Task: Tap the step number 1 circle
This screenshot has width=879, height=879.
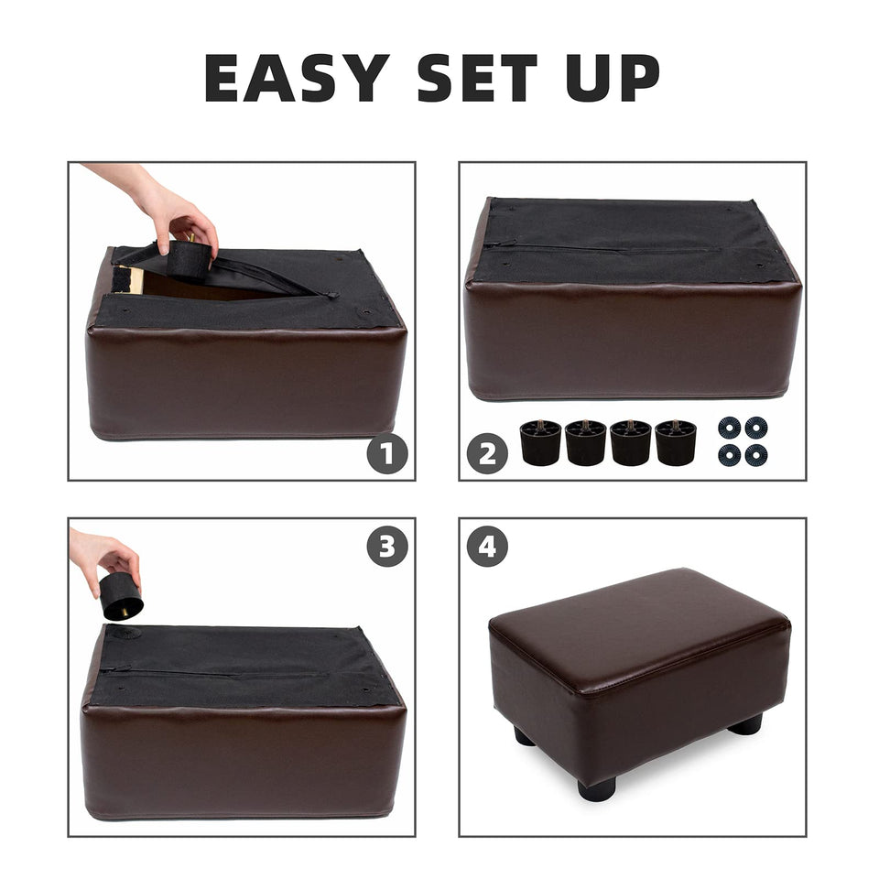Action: pos(387,453)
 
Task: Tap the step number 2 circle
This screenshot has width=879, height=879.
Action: pos(487,453)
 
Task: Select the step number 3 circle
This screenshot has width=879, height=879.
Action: pos(387,546)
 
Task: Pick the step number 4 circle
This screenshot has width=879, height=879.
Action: pos(487,546)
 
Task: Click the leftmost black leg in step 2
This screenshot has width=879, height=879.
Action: pos(541,442)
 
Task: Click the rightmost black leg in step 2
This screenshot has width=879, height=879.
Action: pos(676,442)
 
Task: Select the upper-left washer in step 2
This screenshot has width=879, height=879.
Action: pos(729,428)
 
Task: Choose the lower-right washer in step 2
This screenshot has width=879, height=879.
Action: pos(756,455)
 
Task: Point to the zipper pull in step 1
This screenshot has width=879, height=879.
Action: pos(332,294)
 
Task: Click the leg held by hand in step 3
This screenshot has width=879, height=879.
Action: pos(121,596)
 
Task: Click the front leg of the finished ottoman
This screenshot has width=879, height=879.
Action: pos(597,788)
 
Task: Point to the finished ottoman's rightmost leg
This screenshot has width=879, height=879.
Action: pos(746,723)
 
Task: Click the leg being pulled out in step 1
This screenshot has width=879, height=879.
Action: pos(189,258)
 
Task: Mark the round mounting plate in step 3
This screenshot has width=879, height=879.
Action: pos(124,633)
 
